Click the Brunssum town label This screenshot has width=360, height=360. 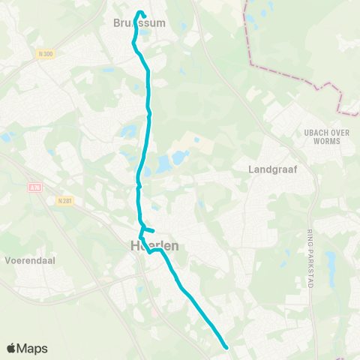[x=139, y=23]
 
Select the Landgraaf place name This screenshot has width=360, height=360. [x=273, y=169]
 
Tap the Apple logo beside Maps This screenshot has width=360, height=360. [x=12, y=348]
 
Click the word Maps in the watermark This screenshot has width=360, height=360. [x=32, y=348]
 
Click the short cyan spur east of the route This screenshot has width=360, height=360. [x=150, y=230]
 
